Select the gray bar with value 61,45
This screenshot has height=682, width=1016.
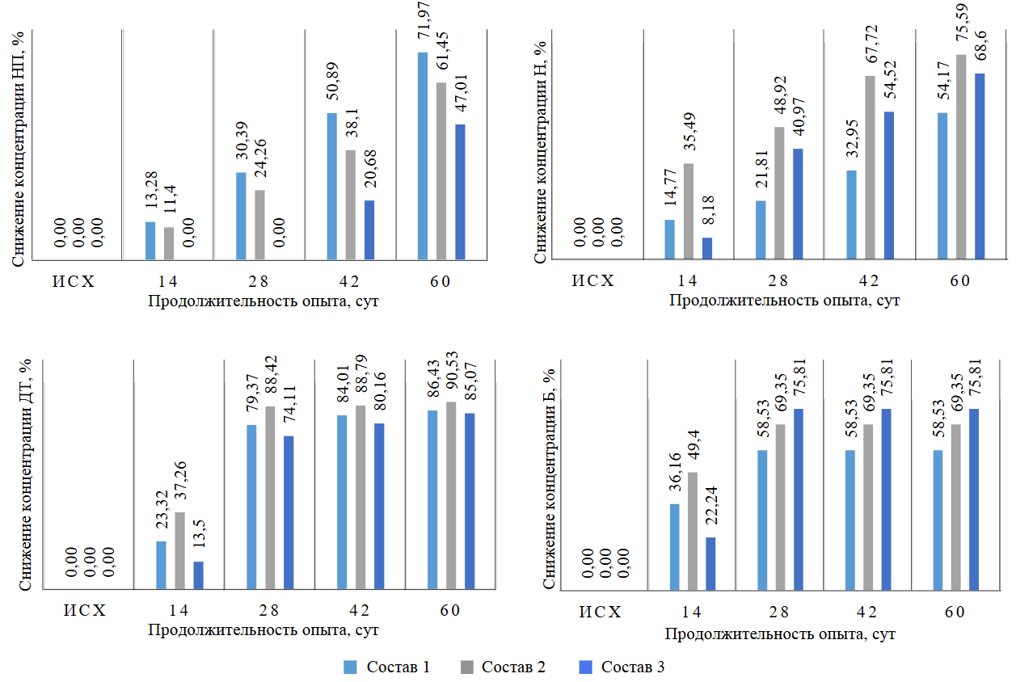[x=441, y=171]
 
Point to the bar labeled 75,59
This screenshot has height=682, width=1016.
[x=960, y=158]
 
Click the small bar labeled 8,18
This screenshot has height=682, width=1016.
[x=706, y=249]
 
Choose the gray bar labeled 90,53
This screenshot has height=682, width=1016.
[x=451, y=494]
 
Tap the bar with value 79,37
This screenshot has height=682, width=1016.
[x=251, y=505]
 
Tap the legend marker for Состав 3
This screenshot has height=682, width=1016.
[x=587, y=667]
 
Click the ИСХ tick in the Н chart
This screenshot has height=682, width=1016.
[x=593, y=281]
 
